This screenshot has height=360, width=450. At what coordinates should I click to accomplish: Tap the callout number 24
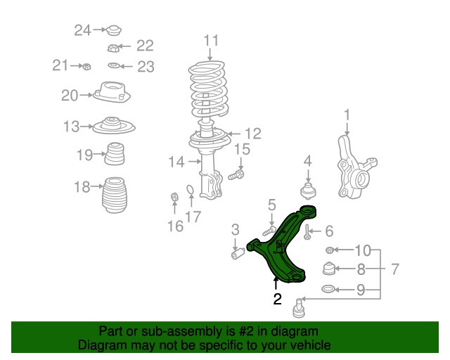tap(83, 30)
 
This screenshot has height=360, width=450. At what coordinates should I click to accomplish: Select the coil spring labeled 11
tap(209, 89)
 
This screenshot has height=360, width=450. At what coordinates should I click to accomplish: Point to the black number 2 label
tap(278, 299)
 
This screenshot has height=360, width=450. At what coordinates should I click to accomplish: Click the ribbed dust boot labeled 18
tap(115, 195)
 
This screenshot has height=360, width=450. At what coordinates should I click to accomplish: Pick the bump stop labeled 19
tap(115, 154)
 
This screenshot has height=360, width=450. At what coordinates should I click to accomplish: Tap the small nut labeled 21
tap(86, 67)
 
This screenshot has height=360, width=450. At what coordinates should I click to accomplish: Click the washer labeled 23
tap(114, 65)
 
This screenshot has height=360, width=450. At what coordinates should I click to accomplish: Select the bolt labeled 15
tap(236, 175)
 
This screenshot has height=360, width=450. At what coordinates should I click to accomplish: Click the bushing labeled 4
tap(308, 191)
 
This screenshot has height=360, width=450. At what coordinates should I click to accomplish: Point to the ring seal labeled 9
tap(328, 289)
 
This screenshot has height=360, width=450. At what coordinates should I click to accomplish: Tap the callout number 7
tap(395, 269)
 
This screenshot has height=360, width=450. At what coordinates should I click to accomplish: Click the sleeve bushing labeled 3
tap(238, 254)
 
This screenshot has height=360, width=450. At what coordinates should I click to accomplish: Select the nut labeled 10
tap(330, 250)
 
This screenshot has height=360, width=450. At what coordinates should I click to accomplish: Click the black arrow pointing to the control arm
tap(276, 283)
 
